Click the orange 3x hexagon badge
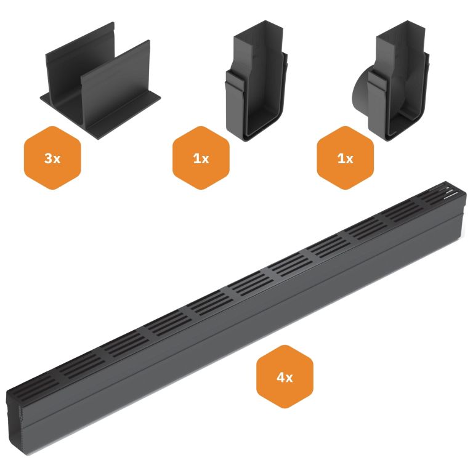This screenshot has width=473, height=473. coord(52,158)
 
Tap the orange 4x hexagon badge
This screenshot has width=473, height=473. coord(285,378)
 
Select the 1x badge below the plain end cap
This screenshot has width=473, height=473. coord(201,158)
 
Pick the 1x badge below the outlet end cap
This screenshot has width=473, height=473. coord(345,158)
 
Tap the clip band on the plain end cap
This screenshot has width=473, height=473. coord(238,86)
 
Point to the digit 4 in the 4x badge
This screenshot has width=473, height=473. coord(280,378)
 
